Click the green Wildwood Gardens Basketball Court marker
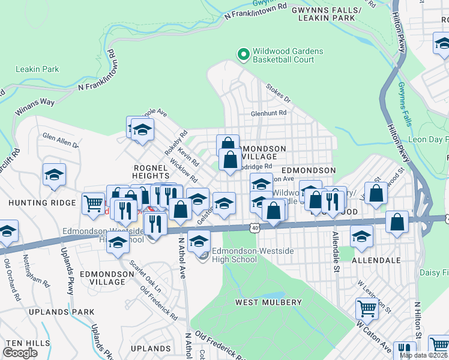(x=243, y=55)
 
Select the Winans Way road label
(x=35, y=106)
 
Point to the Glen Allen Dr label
(x=60, y=140)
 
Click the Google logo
(x=20, y=353)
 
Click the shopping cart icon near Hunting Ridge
(x=93, y=204)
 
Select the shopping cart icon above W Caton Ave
(x=367, y=309)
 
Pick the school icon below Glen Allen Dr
(x=54, y=175)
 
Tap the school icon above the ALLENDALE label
(x=361, y=236)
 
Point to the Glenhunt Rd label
(x=269, y=113)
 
